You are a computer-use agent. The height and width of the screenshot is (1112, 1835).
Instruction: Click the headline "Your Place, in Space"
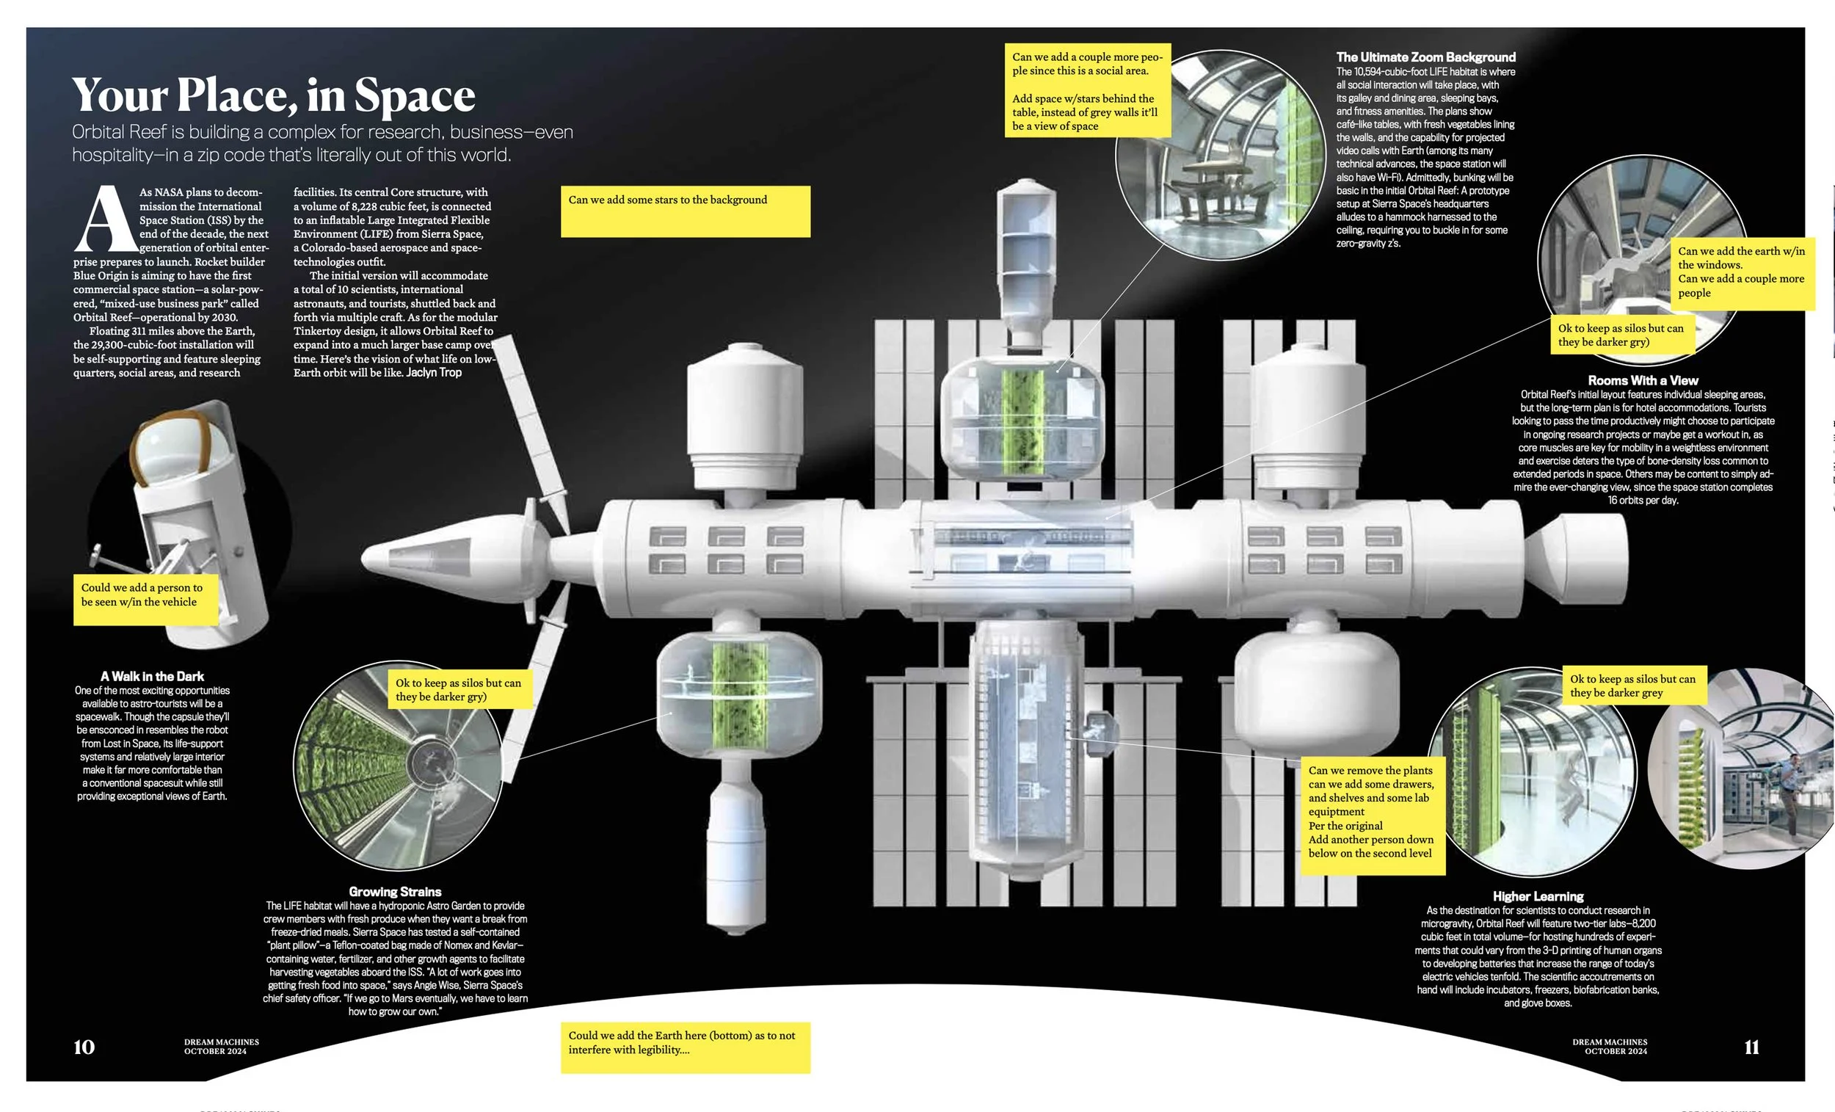click(x=273, y=95)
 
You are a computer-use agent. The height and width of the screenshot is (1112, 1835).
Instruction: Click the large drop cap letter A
click(x=106, y=219)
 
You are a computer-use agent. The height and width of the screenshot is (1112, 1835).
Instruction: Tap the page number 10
click(x=84, y=1047)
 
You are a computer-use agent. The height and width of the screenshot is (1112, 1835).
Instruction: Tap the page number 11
click(x=1751, y=1047)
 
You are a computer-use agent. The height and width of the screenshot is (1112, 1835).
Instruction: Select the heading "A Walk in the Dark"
click(x=152, y=676)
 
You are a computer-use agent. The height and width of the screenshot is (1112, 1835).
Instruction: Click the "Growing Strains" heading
click(x=395, y=892)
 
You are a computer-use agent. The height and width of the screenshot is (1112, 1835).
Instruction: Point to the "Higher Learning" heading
click(x=1538, y=896)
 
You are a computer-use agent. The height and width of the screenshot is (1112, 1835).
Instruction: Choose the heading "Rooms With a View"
click(x=1642, y=381)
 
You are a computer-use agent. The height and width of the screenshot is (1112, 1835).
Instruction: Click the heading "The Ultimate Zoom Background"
click(x=1425, y=57)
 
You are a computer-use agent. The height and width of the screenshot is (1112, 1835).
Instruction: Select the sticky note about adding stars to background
click(x=685, y=211)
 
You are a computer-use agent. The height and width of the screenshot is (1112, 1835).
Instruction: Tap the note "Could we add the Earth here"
click(x=685, y=1047)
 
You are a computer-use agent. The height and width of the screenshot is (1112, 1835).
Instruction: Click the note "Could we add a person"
click(x=146, y=599)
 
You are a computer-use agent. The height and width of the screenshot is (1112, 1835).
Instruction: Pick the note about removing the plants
click(x=1373, y=815)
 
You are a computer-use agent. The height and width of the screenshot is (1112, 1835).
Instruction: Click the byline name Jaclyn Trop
click(x=434, y=372)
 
